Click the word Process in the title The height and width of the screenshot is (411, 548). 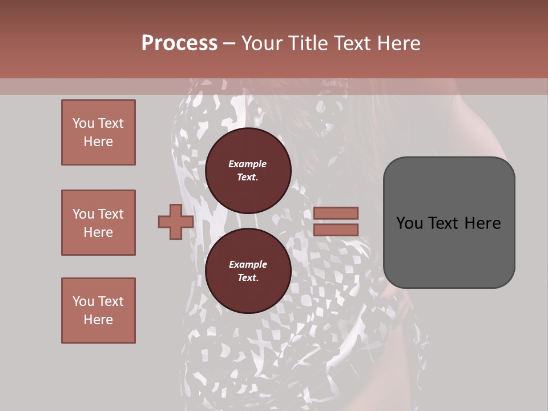[x=179, y=43]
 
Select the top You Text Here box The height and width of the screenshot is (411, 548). [x=98, y=132]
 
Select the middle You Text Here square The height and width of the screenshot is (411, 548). [x=98, y=223]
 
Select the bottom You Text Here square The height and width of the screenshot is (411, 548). [x=98, y=311]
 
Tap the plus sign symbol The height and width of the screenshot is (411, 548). [x=176, y=221]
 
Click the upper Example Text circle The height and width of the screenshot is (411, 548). [x=248, y=170]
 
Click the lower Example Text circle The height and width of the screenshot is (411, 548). [x=248, y=271]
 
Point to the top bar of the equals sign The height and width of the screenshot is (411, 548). [x=336, y=213]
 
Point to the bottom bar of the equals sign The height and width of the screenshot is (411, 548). [x=336, y=229]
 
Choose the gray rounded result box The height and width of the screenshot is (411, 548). [x=449, y=223]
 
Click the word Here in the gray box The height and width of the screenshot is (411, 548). [x=483, y=223]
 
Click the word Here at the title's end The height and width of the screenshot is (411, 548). [x=400, y=43]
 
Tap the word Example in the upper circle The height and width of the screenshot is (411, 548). [x=248, y=164]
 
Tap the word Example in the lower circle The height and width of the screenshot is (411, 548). [x=248, y=264]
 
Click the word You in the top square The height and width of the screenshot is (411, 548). [x=83, y=123]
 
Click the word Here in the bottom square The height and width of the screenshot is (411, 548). [x=98, y=320]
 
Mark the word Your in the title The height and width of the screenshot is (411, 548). [x=263, y=43]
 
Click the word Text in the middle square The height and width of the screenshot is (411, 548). [x=110, y=214]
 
